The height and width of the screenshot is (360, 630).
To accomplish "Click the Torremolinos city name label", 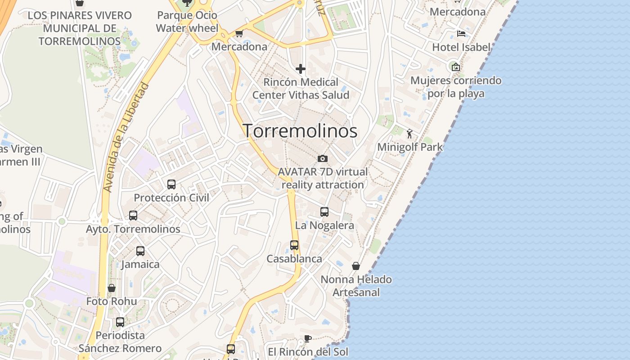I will click(x=301, y=131).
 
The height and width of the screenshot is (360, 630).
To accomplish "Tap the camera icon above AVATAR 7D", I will click(x=322, y=158).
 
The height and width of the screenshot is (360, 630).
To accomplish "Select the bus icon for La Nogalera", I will click(x=324, y=212).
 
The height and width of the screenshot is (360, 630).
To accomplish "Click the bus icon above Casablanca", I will click(x=294, y=245).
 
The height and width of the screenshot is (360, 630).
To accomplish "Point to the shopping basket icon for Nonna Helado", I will click(x=356, y=266).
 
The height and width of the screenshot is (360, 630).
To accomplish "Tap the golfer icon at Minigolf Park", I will click(x=409, y=134).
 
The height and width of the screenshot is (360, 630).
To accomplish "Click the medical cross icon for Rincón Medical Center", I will click(x=301, y=69).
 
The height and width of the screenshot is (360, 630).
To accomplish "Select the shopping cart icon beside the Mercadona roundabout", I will click(x=239, y=33).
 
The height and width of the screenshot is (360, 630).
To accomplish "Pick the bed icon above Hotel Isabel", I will click(x=461, y=34).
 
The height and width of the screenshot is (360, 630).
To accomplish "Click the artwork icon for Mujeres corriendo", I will click(x=456, y=67).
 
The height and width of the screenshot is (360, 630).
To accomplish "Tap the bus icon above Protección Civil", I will click(x=171, y=184).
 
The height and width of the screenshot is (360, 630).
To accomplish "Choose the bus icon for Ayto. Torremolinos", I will click(x=133, y=216).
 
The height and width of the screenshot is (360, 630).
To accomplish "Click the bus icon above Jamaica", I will click(x=140, y=251).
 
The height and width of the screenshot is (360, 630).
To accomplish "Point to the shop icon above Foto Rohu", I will click(x=112, y=288).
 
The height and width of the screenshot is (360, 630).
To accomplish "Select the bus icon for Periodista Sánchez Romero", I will click(x=120, y=322).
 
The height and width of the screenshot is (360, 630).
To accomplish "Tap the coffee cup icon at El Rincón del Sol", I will click(x=308, y=338).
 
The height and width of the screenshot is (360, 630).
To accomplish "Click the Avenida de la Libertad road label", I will click(x=126, y=137).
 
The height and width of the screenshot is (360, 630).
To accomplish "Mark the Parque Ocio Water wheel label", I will click(x=187, y=22).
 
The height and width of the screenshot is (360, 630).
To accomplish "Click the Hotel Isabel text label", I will click(x=461, y=47).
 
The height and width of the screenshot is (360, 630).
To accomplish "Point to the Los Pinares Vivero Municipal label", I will click(x=80, y=28).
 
